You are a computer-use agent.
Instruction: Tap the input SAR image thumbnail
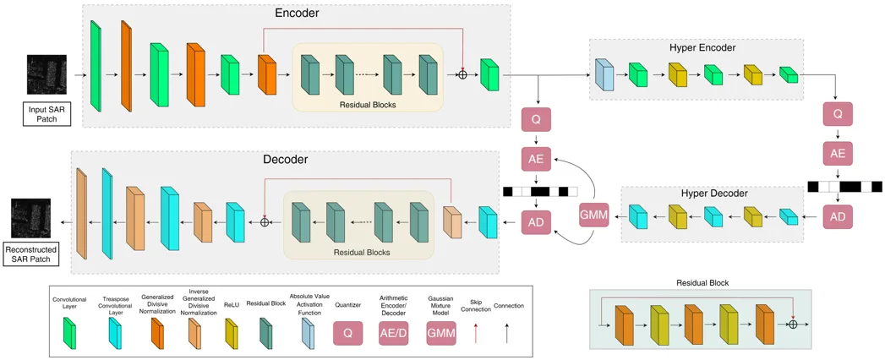click(46, 75)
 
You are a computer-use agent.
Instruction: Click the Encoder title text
click(297, 14)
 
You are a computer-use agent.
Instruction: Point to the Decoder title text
click(285, 159)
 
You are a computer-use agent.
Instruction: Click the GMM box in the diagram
click(594, 215)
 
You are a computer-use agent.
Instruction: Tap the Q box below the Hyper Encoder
click(838, 113)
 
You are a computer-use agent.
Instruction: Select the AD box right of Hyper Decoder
click(838, 216)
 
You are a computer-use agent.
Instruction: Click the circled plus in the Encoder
click(462, 75)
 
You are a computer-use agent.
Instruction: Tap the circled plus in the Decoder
click(265, 221)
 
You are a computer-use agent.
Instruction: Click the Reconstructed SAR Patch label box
click(30, 254)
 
